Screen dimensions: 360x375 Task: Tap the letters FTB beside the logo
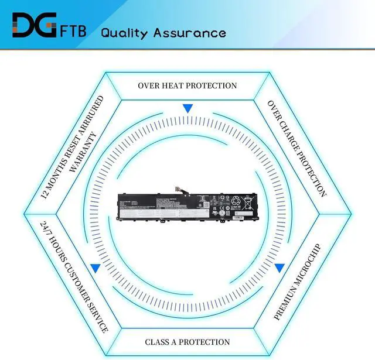click(73, 30)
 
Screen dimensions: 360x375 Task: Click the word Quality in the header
click(124, 32)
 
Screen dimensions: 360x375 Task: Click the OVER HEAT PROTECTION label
click(187, 85)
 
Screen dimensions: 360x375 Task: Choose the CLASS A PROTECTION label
click(187, 342)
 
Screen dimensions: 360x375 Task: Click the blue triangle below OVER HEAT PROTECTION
click(187, 109)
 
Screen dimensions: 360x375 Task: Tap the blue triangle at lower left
click(95, 268)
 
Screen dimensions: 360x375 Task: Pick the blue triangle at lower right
click(279, 268)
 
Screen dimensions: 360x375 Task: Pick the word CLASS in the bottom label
click(158, 342)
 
